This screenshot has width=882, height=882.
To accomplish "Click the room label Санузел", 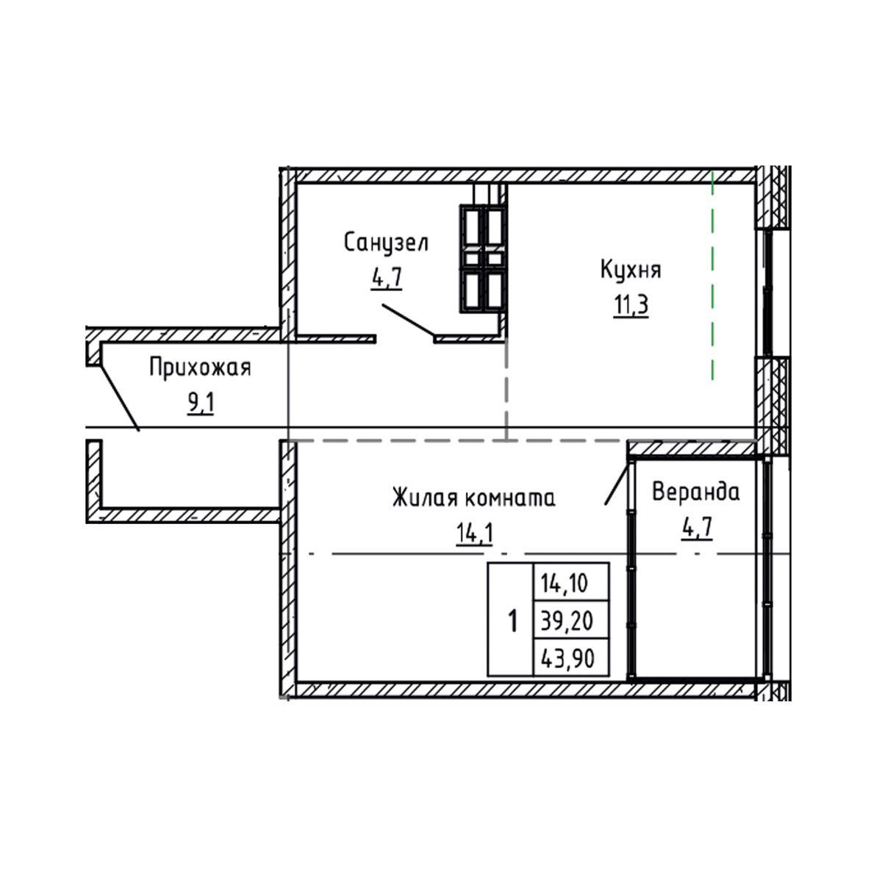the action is tap(386, 243).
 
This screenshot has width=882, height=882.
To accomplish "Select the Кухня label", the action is tap(631, 270).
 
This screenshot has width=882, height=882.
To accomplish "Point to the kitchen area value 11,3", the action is tap(631, 305).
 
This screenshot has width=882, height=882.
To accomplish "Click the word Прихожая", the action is tap(201, 369).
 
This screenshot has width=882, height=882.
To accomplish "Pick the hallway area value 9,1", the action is tap(201, 404).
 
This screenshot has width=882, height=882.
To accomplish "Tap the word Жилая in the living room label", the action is tap(425, 497).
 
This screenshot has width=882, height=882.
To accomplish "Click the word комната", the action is tap(510, 498).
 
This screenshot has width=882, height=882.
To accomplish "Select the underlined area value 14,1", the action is tap(474, 533).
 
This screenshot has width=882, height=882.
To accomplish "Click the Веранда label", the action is tap(696, 492).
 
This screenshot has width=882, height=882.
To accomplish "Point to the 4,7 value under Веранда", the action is tap(697, 528).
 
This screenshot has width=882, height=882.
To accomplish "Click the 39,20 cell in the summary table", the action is tap(572, 621).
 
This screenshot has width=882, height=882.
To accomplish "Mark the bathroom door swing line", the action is tap(408, 319).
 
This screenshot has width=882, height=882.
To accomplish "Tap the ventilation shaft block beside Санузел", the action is tap(483, 259).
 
